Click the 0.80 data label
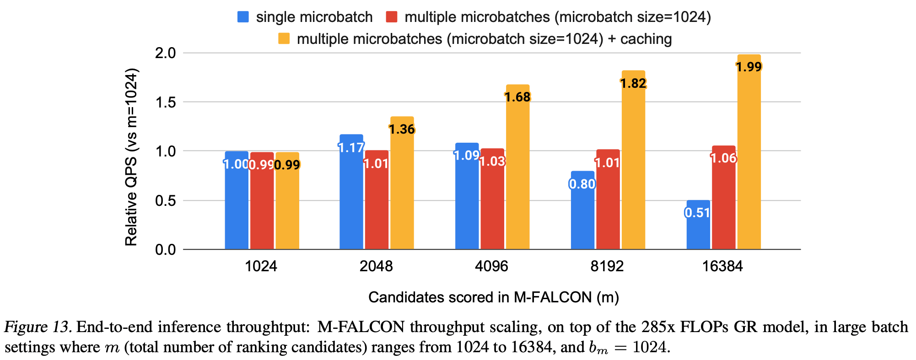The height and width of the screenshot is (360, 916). pyautogui.click(x=582, y=184)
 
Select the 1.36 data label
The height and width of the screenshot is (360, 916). pyautogui.click(x=402, y=129)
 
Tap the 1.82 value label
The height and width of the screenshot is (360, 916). pyautogui.click(x=633, y=83)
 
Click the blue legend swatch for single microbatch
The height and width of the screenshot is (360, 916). pyautogui.click(x=243, y=17)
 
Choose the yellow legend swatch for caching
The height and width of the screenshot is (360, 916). pyautogui.click(x=284, y=39)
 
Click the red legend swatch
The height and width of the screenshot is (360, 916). pyautogui.click(x=392, y=17)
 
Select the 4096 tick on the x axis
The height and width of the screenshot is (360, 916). pyautogui.click(x=491, y=266)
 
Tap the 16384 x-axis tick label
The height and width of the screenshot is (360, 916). pyautogui.click(x=722, y=266)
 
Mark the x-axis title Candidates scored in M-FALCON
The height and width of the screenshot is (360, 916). pyautogui.click(x=493, y=298)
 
